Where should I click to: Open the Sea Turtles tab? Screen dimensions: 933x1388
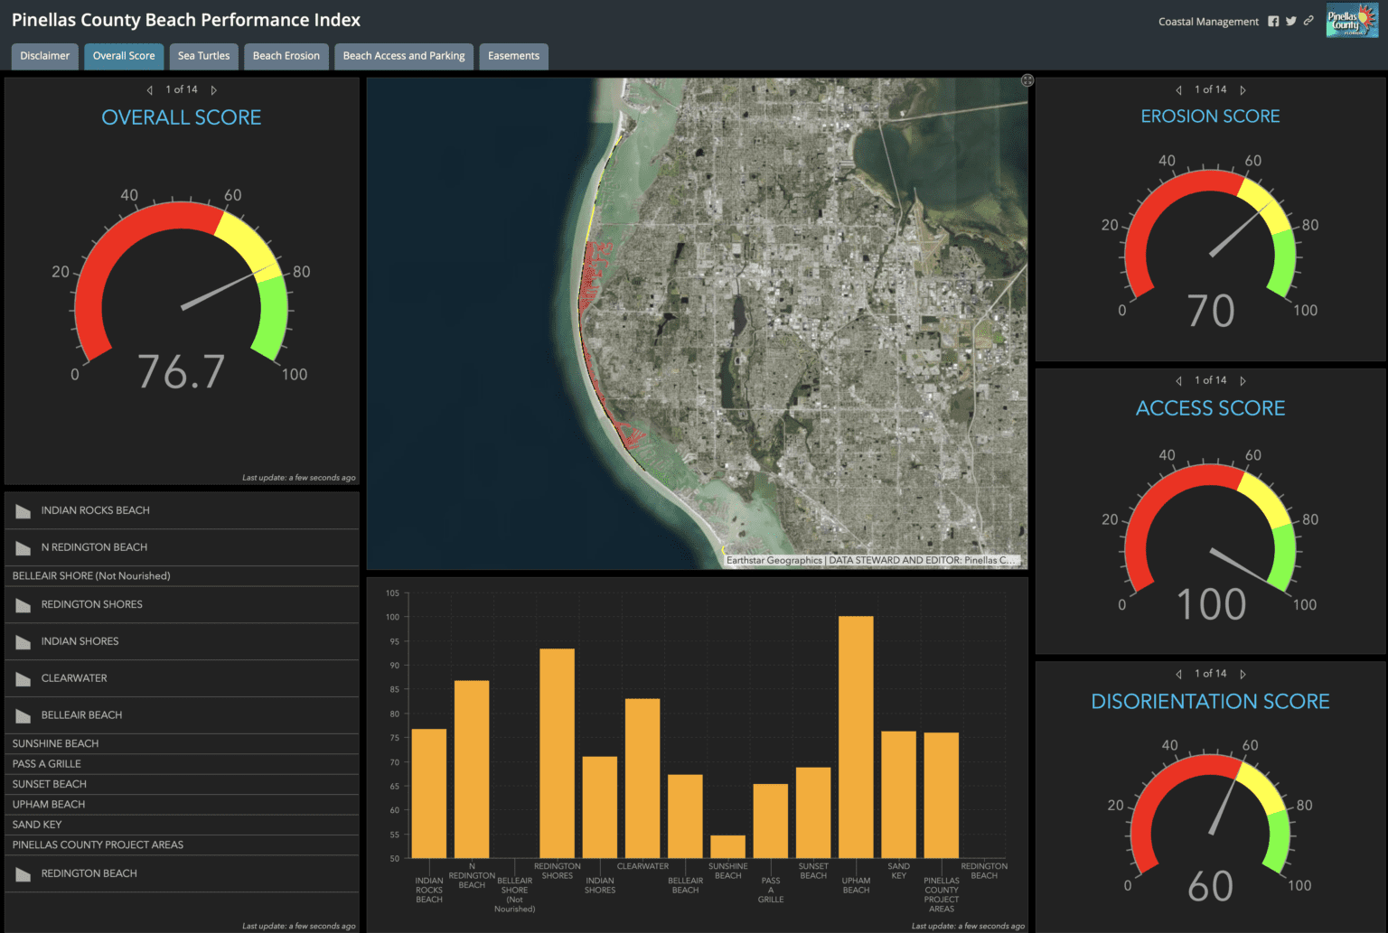tap(203, 56)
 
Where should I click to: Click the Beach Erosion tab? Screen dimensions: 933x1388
tap(286, 56)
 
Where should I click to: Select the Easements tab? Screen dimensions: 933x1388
tap(513, 56)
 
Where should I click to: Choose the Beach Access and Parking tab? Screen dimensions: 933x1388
tap(404, 56)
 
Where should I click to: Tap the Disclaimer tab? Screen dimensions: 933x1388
tap(44, 56)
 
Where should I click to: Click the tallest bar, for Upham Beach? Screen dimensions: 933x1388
tap(856, 736)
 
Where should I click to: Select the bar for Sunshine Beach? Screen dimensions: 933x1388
tap(727, 846)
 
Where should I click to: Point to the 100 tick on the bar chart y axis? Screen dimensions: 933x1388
tap(393, 618)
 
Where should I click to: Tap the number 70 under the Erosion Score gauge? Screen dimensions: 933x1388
tap(1211, 312)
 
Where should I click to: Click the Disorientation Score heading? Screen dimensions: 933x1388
tap(1210, 702)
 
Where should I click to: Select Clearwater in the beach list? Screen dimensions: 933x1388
tap(74, 678)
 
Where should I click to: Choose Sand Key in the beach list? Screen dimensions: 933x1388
tap(37, 825)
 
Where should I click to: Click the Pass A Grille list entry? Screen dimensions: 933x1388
tap(47, 764)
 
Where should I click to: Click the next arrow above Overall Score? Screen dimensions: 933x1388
tap(214, 90)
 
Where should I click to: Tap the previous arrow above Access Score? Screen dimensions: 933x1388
tap(1178, 381)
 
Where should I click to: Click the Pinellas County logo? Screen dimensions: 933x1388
tap(1352, 21)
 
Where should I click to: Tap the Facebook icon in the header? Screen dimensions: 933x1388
tap(1273, 22)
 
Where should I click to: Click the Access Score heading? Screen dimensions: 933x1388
tap(1210, 408)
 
